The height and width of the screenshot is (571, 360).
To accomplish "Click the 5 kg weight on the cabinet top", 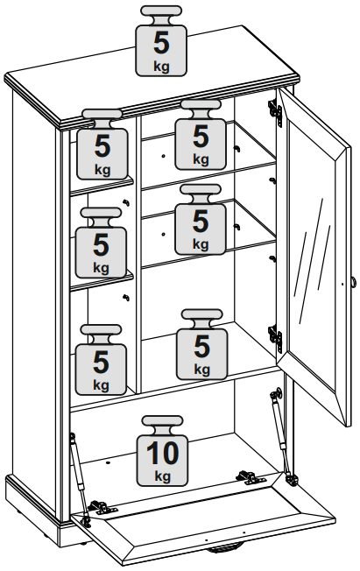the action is tap(161, 41).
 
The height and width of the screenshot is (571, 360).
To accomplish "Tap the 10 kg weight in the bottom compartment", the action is tap(163, 451).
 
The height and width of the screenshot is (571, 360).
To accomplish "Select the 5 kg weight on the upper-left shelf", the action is tap(102, 145).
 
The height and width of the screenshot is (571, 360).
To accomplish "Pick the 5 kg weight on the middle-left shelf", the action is tap(101, 243).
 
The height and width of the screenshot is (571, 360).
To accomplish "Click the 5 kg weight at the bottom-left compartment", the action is tap(101, 360).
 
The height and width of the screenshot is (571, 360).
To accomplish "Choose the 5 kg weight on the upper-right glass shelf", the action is tap(201, 135).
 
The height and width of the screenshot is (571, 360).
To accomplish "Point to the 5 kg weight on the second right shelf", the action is tap(201, 219).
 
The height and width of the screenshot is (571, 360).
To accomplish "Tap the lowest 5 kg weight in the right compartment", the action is tap(201, 344).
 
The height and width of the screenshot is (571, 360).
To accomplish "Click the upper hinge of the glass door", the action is tap(275, 111).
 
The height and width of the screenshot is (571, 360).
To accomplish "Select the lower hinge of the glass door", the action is tap(275, 338).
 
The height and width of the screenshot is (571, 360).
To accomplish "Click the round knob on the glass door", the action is tap(353, 282).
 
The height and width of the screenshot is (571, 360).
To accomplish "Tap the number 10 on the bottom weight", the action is tap(163, 453).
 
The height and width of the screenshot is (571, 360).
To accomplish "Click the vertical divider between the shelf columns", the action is tap(138, 254).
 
